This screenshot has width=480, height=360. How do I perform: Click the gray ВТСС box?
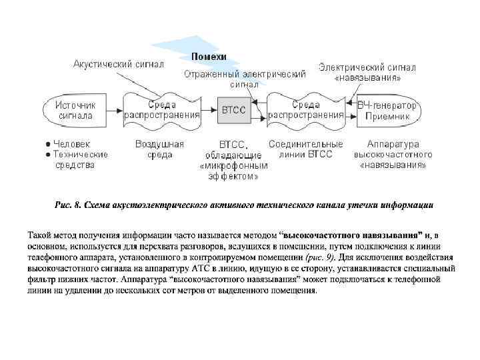[233, 110]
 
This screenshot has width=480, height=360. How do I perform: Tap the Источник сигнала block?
[75, 110]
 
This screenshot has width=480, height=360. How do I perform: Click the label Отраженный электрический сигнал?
[245, 79]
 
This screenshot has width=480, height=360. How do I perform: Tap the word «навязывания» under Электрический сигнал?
[367, 78]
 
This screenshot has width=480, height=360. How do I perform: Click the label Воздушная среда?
[160, 149]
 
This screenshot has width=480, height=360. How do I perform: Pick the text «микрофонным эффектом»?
[234, 171]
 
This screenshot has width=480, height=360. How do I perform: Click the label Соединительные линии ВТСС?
[306, 149]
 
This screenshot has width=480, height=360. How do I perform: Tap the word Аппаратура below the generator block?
[393, 144]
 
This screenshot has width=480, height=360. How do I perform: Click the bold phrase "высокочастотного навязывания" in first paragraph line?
[353, 235]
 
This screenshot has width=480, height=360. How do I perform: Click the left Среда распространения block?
[162, 109]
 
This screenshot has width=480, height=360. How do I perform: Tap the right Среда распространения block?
[307, 109]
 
